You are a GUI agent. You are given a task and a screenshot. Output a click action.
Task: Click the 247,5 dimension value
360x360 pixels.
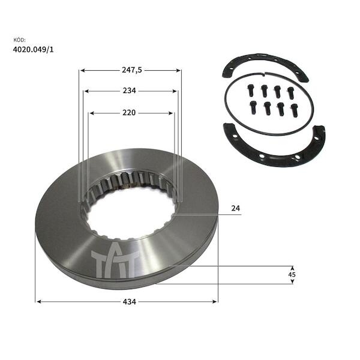point(132,70)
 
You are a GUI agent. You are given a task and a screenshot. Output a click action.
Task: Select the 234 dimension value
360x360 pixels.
point(129,91)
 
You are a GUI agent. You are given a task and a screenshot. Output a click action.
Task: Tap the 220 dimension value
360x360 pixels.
point(129,113)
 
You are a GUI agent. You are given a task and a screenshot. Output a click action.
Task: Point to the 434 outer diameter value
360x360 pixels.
point(130,302)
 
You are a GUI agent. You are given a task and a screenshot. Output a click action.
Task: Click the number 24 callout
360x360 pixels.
point(236,208)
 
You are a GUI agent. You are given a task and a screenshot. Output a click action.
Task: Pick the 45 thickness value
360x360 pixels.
point(292,275)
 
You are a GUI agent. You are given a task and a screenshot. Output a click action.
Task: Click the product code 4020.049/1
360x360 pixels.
point(33,50)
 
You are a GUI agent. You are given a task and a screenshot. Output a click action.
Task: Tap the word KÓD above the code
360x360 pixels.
point(20,40)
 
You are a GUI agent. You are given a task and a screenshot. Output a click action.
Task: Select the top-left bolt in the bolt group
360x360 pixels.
point(251,90)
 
